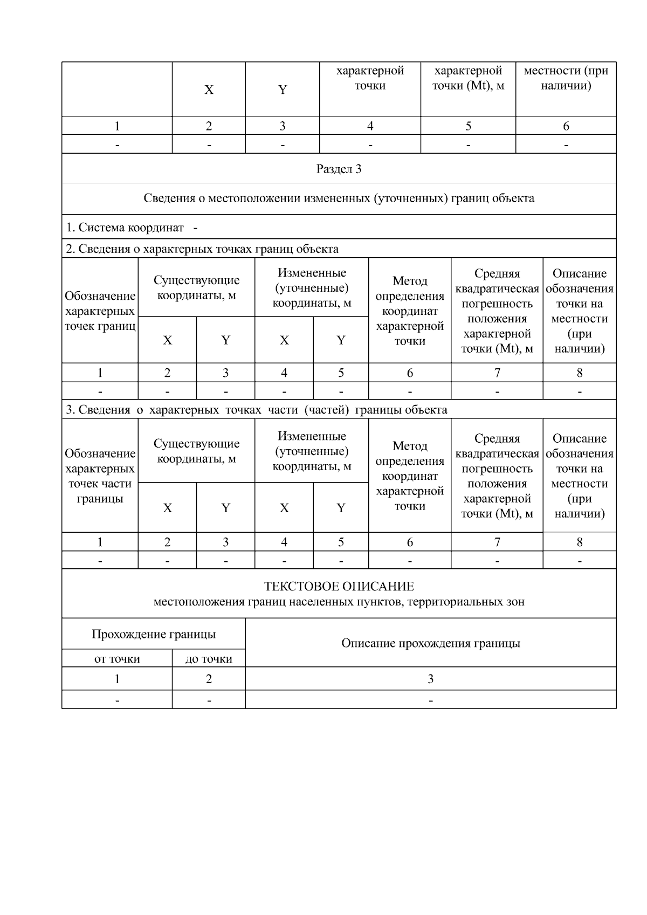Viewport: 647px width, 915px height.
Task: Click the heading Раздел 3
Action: (339, 169)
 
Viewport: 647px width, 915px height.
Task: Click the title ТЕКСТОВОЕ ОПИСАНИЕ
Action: (339, 587)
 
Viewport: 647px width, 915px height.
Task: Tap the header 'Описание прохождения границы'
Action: (430, 643)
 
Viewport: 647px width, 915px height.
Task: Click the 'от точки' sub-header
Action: (117, 659)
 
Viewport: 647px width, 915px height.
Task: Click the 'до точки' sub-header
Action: (209, 659)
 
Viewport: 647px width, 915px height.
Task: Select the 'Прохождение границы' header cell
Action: (154, 634)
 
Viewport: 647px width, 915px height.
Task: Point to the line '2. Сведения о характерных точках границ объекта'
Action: (202, 249)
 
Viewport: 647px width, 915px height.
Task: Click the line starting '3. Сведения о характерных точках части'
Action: (256, 410)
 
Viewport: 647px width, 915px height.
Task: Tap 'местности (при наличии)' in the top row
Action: (566, 78)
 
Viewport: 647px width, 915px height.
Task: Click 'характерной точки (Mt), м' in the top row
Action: (468, 78)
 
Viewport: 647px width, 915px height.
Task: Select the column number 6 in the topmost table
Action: (566, 126)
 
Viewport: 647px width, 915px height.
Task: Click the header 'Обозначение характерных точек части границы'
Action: (100, 476)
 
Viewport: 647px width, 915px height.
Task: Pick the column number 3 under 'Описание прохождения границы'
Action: (430, 679)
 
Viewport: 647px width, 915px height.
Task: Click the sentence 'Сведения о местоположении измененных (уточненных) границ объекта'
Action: (339, 198)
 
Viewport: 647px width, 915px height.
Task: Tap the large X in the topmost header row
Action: (209, 90)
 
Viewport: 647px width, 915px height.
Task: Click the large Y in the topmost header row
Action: (282, 90)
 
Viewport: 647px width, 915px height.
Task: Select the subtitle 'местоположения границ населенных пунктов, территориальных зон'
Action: (339, 602)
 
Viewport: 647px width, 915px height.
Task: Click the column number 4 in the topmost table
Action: (370, 126)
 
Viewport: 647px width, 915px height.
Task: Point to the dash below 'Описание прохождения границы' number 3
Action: (430, 700)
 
